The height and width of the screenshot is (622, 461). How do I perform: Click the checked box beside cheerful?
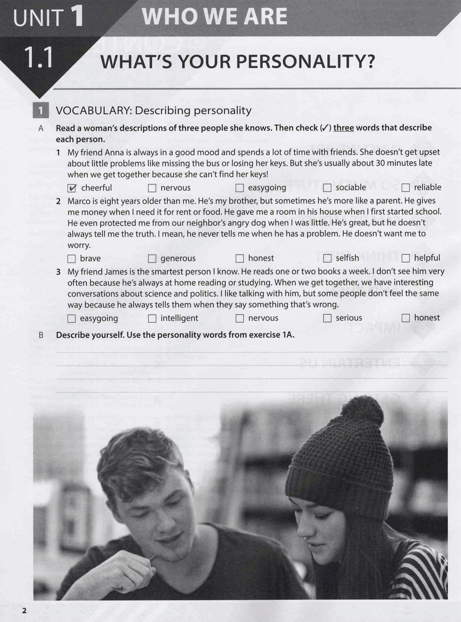pos(72,188)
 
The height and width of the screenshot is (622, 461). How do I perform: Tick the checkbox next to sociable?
pos(327,188)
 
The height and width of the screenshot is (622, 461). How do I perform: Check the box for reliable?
pos(405,187)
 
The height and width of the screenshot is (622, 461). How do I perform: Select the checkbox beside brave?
pos(72,259)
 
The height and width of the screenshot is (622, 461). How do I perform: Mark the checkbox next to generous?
pos(152,258)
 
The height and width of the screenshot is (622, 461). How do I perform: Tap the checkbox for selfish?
pos(327,258)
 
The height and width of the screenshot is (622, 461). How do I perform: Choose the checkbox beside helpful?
pos(405,258)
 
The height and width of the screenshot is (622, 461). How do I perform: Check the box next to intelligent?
pos(152,318)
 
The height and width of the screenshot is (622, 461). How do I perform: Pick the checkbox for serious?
pos(327,318)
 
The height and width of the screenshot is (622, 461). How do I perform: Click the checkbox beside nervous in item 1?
pos(152,188)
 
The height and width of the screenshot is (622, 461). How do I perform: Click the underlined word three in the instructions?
pos(343,128)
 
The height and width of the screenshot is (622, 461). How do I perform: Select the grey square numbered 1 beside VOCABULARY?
pos(40,111)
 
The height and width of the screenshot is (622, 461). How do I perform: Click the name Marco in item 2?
pos(79,201)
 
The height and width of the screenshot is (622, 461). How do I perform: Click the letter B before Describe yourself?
pos(41,335)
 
